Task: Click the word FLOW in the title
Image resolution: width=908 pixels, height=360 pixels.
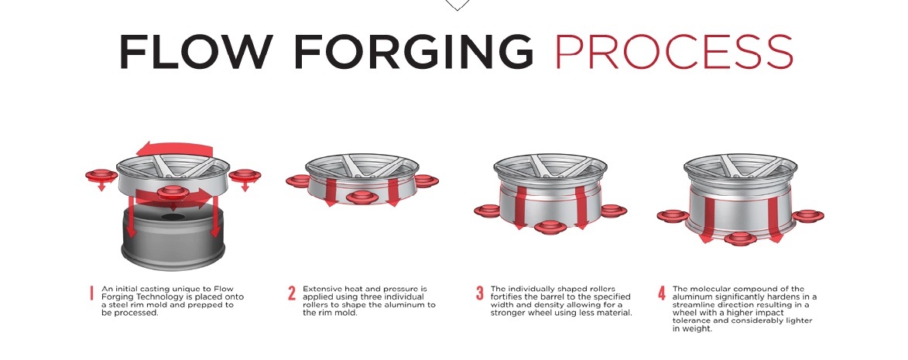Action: tap(196, 52)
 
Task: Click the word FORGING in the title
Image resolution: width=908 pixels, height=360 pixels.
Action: tap(413, 52)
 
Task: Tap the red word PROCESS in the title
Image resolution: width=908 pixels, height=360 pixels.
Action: tap(673, 52)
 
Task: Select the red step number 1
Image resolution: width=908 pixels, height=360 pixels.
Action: tap(91, 293)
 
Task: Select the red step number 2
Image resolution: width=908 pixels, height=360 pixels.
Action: tap(292, 293)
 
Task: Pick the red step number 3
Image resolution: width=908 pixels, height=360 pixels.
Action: tap(479, 293)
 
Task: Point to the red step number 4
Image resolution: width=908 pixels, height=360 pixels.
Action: tap(661, 293)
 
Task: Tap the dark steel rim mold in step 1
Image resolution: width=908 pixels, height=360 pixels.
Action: tap(173, 238)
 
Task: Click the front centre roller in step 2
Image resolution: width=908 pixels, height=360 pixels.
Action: tap(362, 197)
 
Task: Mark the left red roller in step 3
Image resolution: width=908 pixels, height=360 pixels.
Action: tap(488, 211)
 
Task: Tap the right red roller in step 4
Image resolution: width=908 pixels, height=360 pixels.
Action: tap(807, 217)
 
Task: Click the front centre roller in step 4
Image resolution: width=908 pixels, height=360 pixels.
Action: tap(740, 238)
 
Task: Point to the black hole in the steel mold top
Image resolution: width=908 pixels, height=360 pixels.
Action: tap(173, 217)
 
